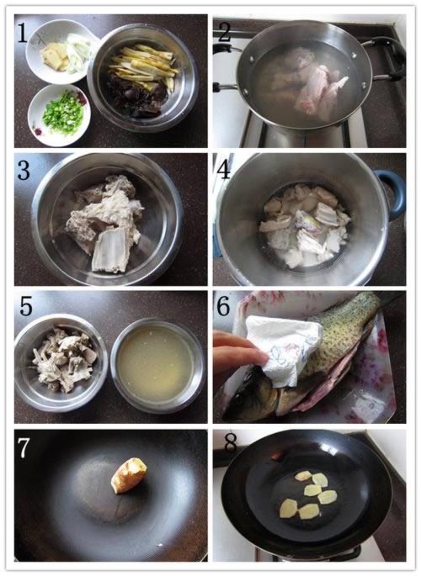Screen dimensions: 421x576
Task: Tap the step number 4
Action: pyautogui.click(x=224, y=170)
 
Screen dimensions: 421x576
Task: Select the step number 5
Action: pyautogui.click(x=25, y=307)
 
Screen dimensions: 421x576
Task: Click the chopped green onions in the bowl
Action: pyautogui.click(x=61, y=114)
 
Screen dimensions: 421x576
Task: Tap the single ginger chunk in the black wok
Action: pyautogui.click(x=129, y=474)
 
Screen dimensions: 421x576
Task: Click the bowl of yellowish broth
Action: pyautogui.click(x=157, y=366)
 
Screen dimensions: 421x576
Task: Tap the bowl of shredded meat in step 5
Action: pyautogui.click(x=61, y=362)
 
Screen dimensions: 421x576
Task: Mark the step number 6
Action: pyautogui.click(x=224, y=305)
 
